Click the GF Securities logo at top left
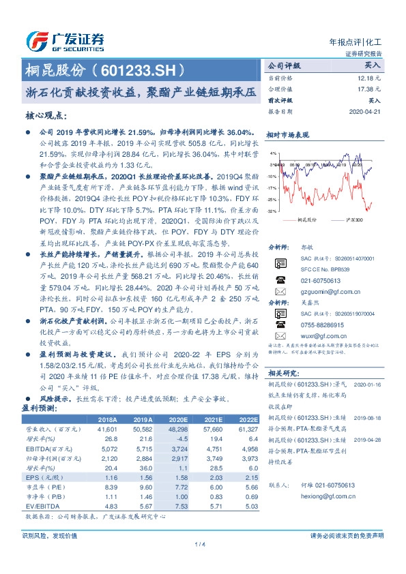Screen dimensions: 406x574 [65, 41]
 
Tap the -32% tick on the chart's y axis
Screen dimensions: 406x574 [272, 211]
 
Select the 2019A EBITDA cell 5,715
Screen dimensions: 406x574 [143, 449]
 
